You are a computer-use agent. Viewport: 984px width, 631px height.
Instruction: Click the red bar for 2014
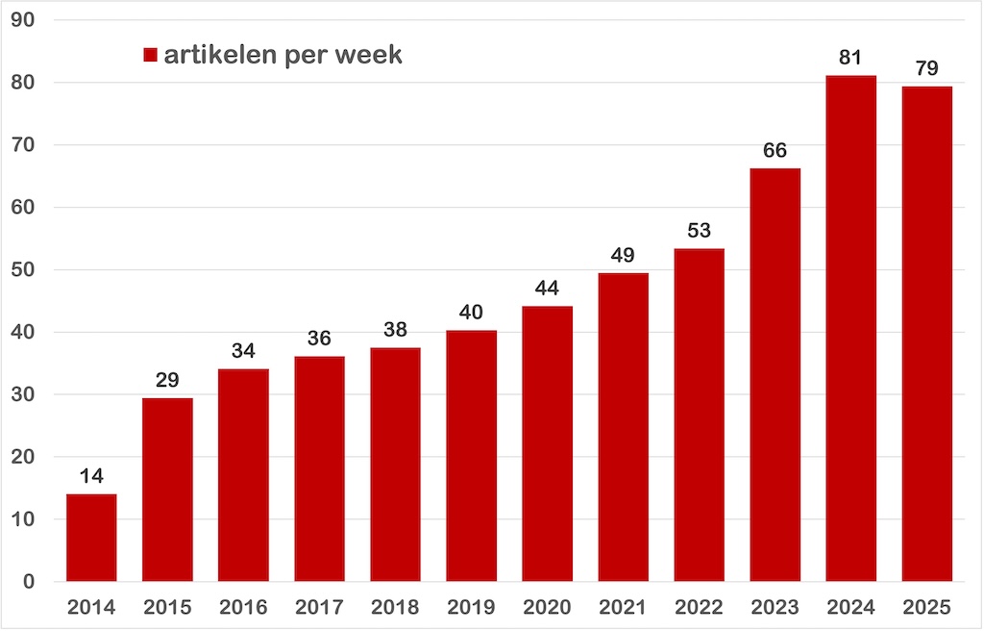pyautogui.click(x=91, y=538)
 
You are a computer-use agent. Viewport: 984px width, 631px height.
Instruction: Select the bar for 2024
pyautogui.click(x=850, y=328)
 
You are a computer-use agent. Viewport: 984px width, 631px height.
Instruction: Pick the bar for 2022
pyautogui.click(x=699, y=415)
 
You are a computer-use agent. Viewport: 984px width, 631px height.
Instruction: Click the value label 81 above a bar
pyautogui.click(x=850, y=58)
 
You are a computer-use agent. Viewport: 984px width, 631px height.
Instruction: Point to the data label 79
pyautogui.click(x=926, y=68)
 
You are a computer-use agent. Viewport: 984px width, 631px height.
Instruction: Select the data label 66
pyautogui.click(x=775, y=150)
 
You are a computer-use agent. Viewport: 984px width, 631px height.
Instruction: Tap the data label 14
pyautogui.click(x=91, y=476)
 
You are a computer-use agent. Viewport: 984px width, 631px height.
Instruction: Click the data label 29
pyautogui.click(x=167, y=380)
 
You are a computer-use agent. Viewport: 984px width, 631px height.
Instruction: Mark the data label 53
pyautogui.click(x=699, y=231)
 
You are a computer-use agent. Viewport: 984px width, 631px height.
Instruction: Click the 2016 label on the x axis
pyautogui.click(x=243, y=608)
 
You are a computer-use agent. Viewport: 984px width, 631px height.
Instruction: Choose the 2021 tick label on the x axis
pyautogui.click(x=623, y=608)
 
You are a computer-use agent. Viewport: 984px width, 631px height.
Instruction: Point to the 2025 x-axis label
pyautogui.click(x=926, y=608)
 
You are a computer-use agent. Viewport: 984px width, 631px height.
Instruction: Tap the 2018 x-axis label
pyautogui.click(x=395, y=608)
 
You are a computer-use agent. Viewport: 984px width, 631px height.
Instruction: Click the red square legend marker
pyautogui.click(x=150, y=55)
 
